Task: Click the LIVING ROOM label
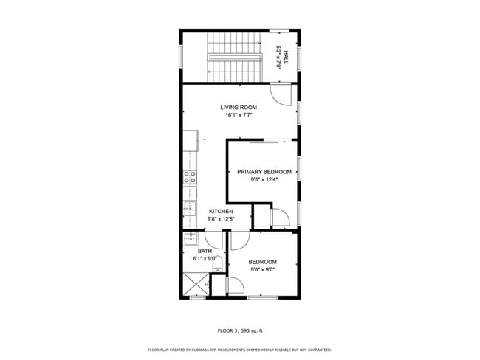click(239, 108)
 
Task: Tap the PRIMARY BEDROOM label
click(264, 172)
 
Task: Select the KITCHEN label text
click(221, 211)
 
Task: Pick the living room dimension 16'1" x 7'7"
click(239, 115)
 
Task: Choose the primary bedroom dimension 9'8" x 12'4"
click(264, 179)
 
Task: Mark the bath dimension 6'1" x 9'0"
click(205, 259)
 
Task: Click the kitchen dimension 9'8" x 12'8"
click(221, 218)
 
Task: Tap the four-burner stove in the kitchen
click(190, 176)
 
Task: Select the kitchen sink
click(190, 209)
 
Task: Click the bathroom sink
click(191, 238)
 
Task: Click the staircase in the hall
click(236, 57)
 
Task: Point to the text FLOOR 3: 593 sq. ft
click(240, 330)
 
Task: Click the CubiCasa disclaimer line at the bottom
click(240, 350)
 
